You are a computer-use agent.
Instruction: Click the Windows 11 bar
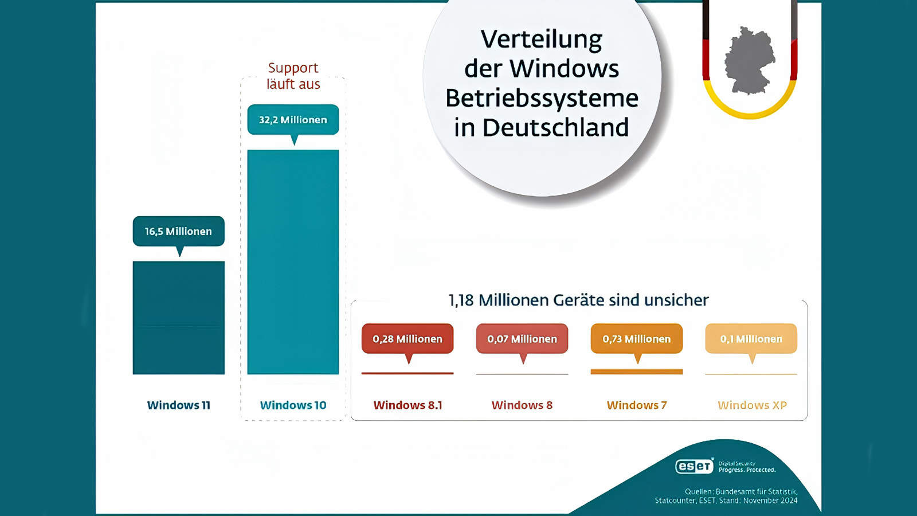[x=178, y=318]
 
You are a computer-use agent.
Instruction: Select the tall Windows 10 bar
[x=293, y=262]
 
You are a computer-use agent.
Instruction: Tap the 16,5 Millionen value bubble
[x=178, y=231]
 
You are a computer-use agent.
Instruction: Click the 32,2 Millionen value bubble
[x=293, y=120]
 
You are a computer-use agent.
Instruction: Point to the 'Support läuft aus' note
[x=293, y=76]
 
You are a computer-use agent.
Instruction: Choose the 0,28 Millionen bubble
[x=407, y=339]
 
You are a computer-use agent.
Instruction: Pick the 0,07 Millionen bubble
[x=522, y=339]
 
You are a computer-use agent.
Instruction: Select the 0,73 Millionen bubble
[x=637, y=339]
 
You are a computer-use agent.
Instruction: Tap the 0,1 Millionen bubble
[x=751, y=339]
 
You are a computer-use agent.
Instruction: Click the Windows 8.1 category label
[x=407, y=405]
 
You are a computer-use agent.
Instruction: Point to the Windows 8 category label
[x=522, y=405]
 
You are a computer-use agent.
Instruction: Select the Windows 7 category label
[x=637, y=405]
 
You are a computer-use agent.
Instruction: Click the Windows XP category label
[x=752, y=405]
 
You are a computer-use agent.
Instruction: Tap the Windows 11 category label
[x=178, y=405]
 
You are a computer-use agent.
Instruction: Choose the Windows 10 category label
[x=293, y=405]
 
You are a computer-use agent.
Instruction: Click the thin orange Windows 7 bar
[x=637, y=372]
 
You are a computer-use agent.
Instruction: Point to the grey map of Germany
[x=749, y=60]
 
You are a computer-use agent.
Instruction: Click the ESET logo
[x=694, y=466]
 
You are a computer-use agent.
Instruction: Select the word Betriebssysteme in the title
[x=542, y=98]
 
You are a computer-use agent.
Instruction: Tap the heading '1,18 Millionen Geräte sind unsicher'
[x=578, y=300]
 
